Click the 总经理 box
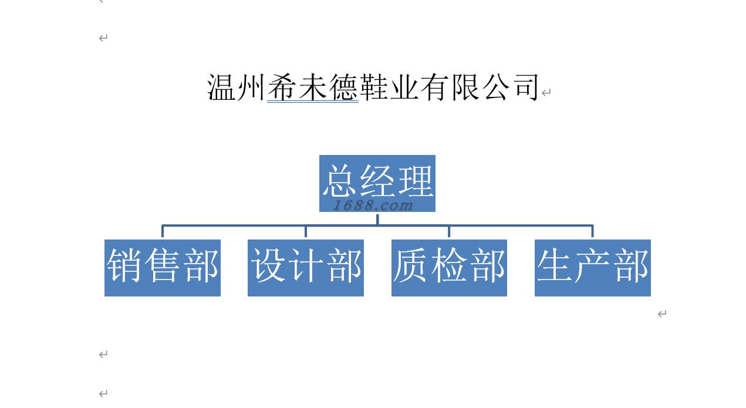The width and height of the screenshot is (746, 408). tap(377, 183)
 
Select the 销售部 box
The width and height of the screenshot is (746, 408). tap(163, 268)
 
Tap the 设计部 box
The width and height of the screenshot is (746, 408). tap(306, 268)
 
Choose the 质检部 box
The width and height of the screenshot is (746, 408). tap(449, 268)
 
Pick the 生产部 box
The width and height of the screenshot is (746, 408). tap(592, 268)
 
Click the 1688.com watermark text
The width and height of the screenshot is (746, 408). tap(373, 205)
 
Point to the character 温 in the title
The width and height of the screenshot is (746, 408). tap(221, 87)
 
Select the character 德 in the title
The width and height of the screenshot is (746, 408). tap(344, 87)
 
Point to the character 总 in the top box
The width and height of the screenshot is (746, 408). tap(340, 181)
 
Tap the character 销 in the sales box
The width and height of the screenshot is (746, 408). tap(124, 265)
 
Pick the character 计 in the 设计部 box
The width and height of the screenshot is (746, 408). tap(306, 265)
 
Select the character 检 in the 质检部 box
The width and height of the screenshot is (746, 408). tap(449, 265)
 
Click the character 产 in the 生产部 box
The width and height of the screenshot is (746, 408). tap(592, 265)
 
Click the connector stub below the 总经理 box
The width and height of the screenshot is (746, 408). tap(377, 219)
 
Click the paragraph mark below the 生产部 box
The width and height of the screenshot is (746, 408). tap(662, 313)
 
